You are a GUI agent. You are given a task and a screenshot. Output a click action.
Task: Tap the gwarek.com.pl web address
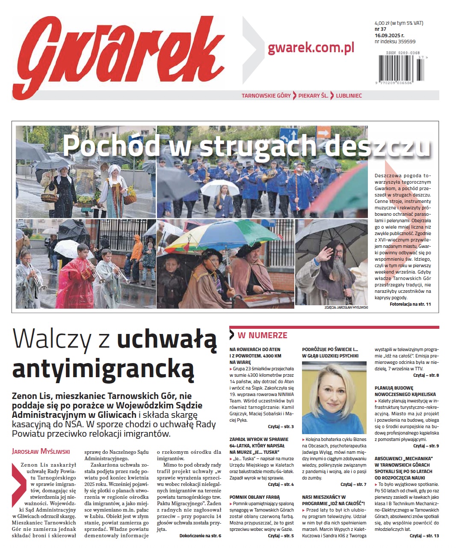(311, 48)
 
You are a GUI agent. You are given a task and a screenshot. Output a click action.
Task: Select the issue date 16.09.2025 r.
(389, 36)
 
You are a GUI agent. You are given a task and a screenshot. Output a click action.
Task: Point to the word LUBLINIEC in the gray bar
(349, 95)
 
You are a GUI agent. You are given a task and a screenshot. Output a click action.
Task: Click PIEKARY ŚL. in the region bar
(313, 95)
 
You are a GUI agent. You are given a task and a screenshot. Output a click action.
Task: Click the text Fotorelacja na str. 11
(410, 304)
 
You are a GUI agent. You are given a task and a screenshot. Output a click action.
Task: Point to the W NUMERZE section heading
(262, 335)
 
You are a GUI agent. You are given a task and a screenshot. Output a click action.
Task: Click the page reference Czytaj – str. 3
(281, 427)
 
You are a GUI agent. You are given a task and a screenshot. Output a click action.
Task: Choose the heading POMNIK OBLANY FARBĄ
(254, 497)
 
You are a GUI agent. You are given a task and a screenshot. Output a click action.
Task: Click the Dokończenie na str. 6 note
(200, 536)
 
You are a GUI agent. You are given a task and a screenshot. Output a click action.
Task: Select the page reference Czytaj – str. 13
(424, 536)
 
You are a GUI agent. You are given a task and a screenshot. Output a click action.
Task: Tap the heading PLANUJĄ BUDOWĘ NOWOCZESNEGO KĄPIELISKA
(405, 391)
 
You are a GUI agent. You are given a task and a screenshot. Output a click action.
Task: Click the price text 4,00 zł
(383, 23)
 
